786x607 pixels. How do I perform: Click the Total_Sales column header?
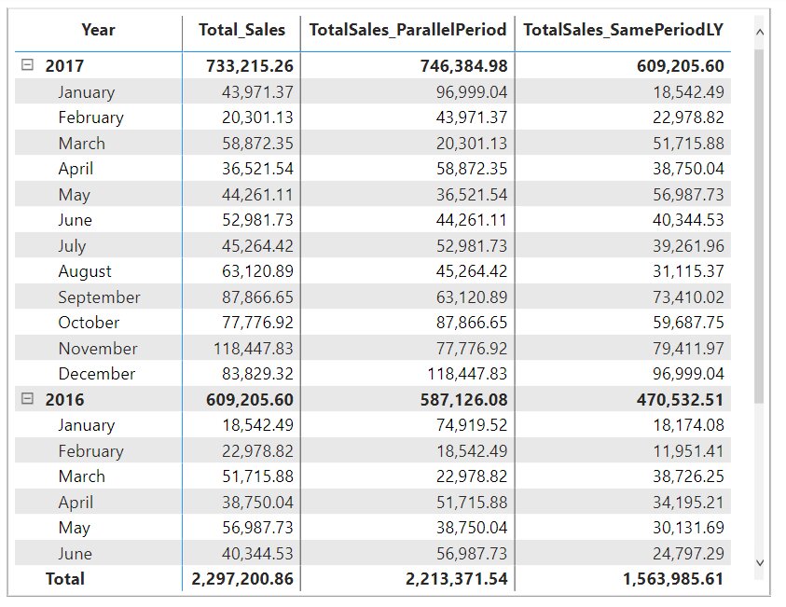coord(241,30)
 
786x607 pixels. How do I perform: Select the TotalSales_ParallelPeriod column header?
coord(407,30)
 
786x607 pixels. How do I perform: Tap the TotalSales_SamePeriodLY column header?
coord(623,30)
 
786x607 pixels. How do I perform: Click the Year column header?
coord(98,30)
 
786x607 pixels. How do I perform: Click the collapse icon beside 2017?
coord(28,66)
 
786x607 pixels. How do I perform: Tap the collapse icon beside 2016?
coord(28,399)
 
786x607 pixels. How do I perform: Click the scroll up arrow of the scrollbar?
coord(758,33)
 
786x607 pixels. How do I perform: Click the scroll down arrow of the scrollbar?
coord(758,562)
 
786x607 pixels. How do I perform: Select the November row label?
coord(97,349)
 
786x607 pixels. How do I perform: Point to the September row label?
coord(99,297)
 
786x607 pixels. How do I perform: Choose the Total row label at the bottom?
coord(65,579)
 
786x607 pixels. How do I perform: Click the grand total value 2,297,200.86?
coord(242,579)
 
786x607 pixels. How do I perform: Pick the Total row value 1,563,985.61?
coord(673,579)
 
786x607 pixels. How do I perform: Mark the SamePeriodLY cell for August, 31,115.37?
coord(683,271)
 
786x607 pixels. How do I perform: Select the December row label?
coord(96,374)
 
